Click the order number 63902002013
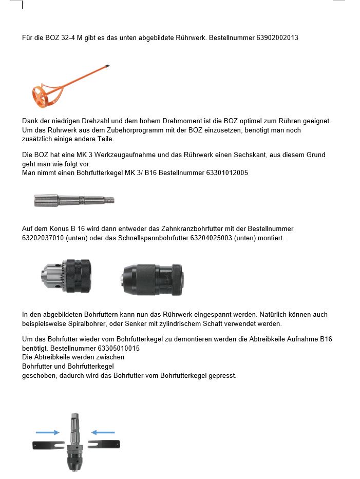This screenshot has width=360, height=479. tap(277, 38)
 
